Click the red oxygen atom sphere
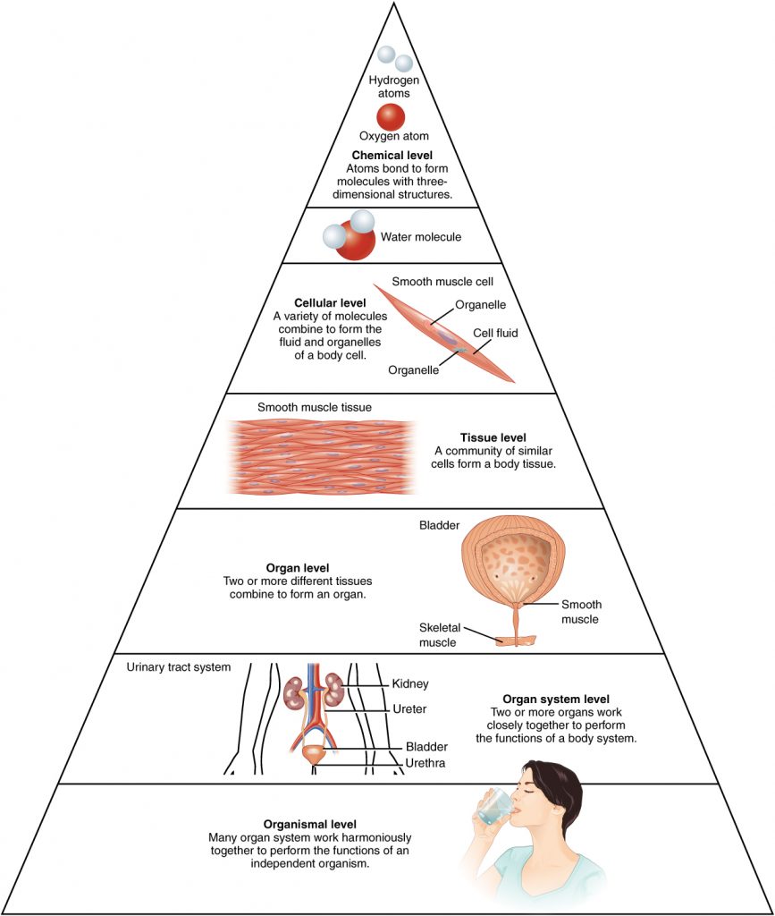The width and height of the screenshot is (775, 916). coord(391,117)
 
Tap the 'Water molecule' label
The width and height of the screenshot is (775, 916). coord(421,237)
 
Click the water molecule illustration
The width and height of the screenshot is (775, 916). coord(350,235)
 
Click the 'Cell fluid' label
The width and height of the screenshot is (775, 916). coord(496,333)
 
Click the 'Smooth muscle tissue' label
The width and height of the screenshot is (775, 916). coord(315,408)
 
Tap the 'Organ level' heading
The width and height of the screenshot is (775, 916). coord(298,568)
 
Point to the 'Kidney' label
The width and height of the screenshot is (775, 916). coord(410,684)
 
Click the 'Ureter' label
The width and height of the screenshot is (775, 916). coord(409,709)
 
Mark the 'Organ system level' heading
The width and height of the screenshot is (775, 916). coord(556,699)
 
